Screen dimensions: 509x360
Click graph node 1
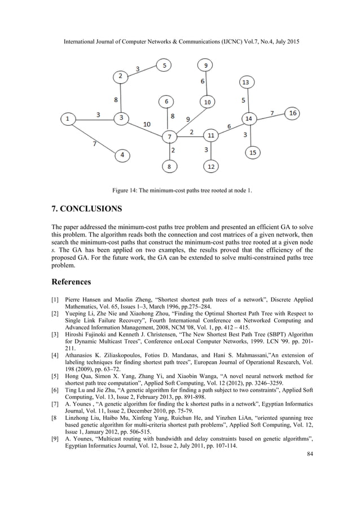[68, 119]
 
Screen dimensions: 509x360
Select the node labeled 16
[292, 113]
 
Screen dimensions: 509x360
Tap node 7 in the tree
[168, 137]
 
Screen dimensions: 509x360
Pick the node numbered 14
[249, 119]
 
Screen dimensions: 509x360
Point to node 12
[210, 167]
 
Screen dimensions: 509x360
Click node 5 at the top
[165, 66]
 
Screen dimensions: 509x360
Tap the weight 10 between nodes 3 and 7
[147, 124]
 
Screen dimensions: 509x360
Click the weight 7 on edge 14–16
[273, 113]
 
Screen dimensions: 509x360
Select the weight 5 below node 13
[243, 100]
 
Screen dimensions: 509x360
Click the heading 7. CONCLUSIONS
[86, 209]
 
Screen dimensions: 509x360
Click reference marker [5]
[55, 375]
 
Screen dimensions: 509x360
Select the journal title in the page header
[180, 43]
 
